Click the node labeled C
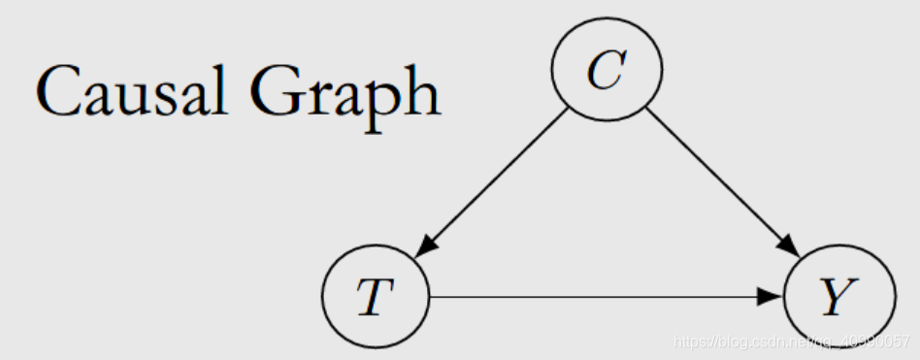(x=607, y=70)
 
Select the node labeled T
(x=375, y=297)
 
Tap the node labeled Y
(x=838, y=297)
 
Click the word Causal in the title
(x=131, y=93)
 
